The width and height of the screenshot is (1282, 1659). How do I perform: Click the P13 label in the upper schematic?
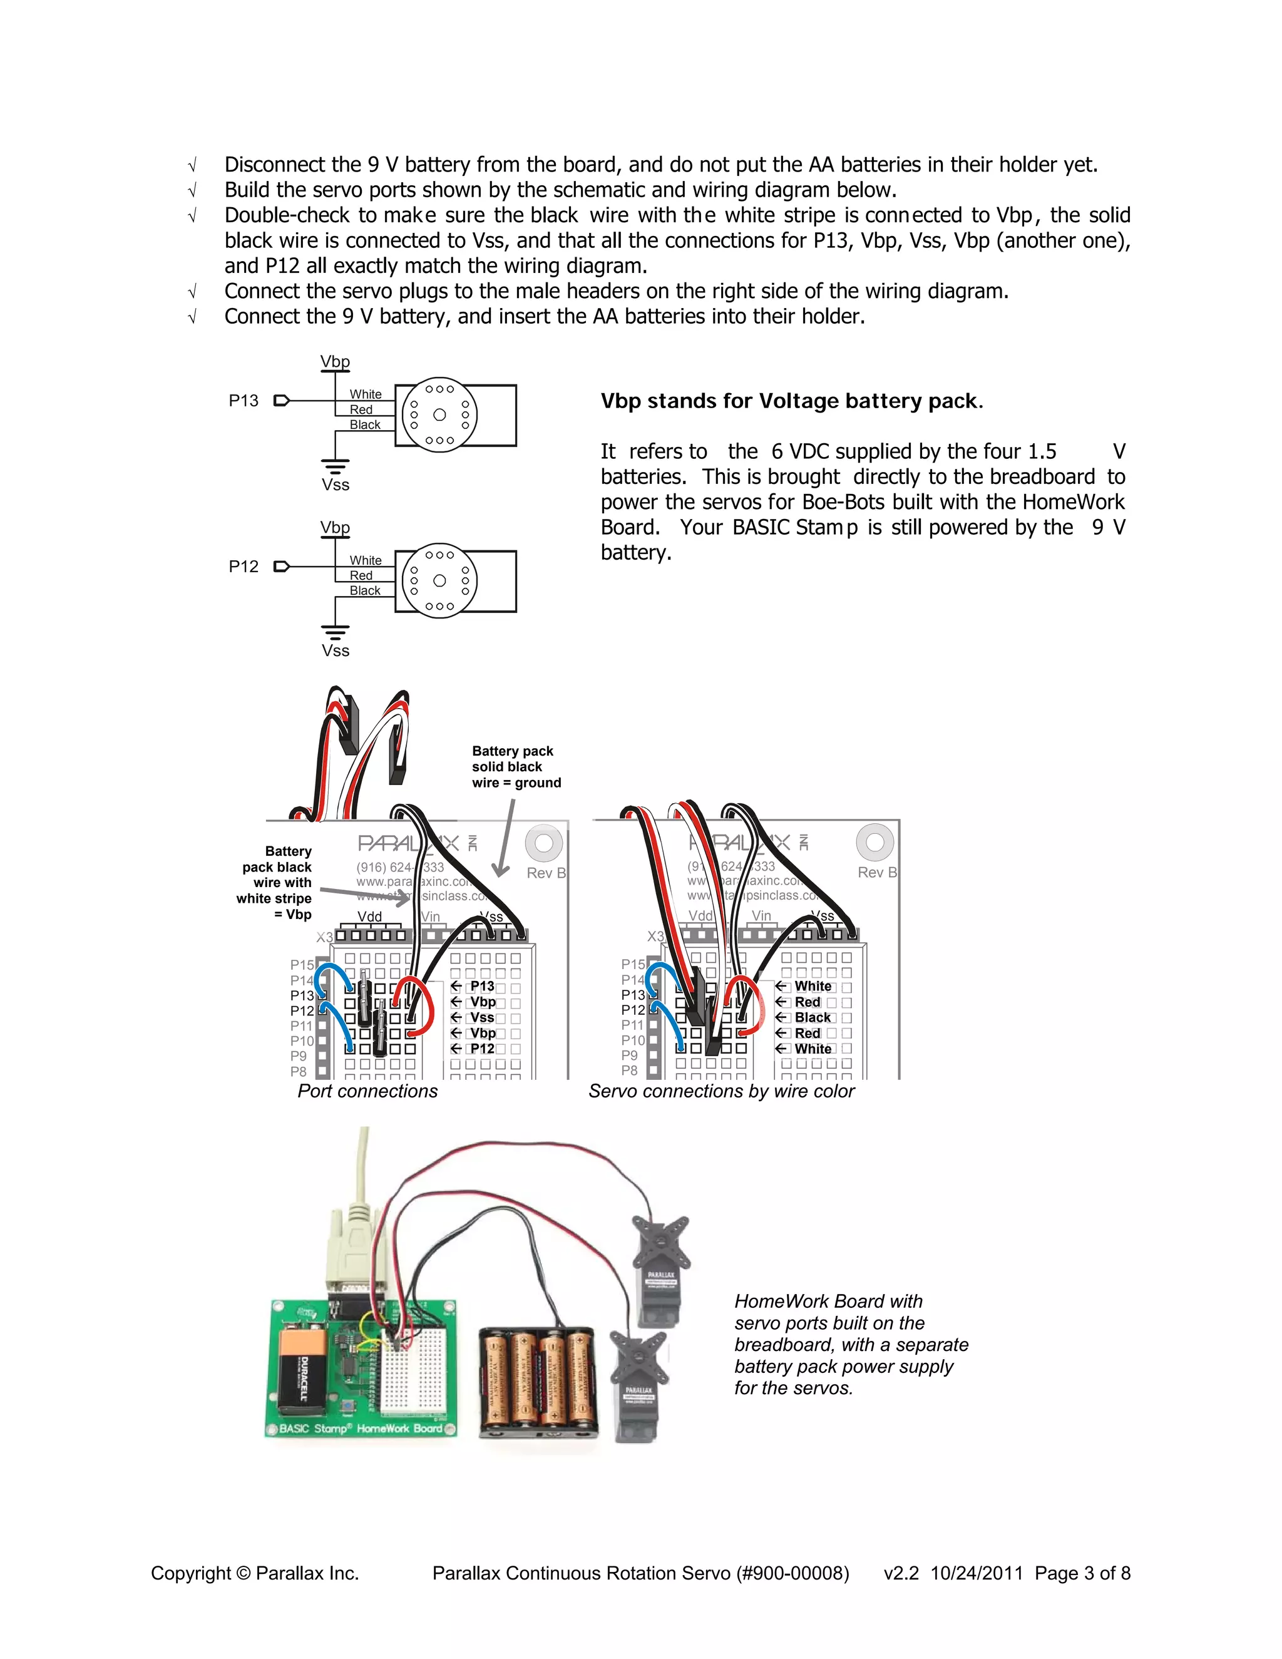tap(243, 400)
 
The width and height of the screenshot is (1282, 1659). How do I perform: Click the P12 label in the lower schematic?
tap(243, 567)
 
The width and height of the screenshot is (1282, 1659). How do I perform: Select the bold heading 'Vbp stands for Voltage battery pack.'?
tap(791, 401)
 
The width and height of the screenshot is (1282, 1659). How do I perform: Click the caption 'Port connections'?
tap(367, 1091)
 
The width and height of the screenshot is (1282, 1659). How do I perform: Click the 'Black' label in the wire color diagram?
tap(812, 1017)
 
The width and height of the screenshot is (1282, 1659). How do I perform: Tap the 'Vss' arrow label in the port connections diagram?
tap(481, 1017)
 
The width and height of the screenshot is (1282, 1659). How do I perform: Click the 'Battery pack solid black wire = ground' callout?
tap(516, 766)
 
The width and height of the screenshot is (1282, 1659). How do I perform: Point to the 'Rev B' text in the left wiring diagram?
tap(546, 873)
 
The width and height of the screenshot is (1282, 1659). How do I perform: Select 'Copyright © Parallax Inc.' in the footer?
tap(254, 1573)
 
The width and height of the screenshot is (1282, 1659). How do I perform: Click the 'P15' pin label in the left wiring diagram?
tap(302, 965)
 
